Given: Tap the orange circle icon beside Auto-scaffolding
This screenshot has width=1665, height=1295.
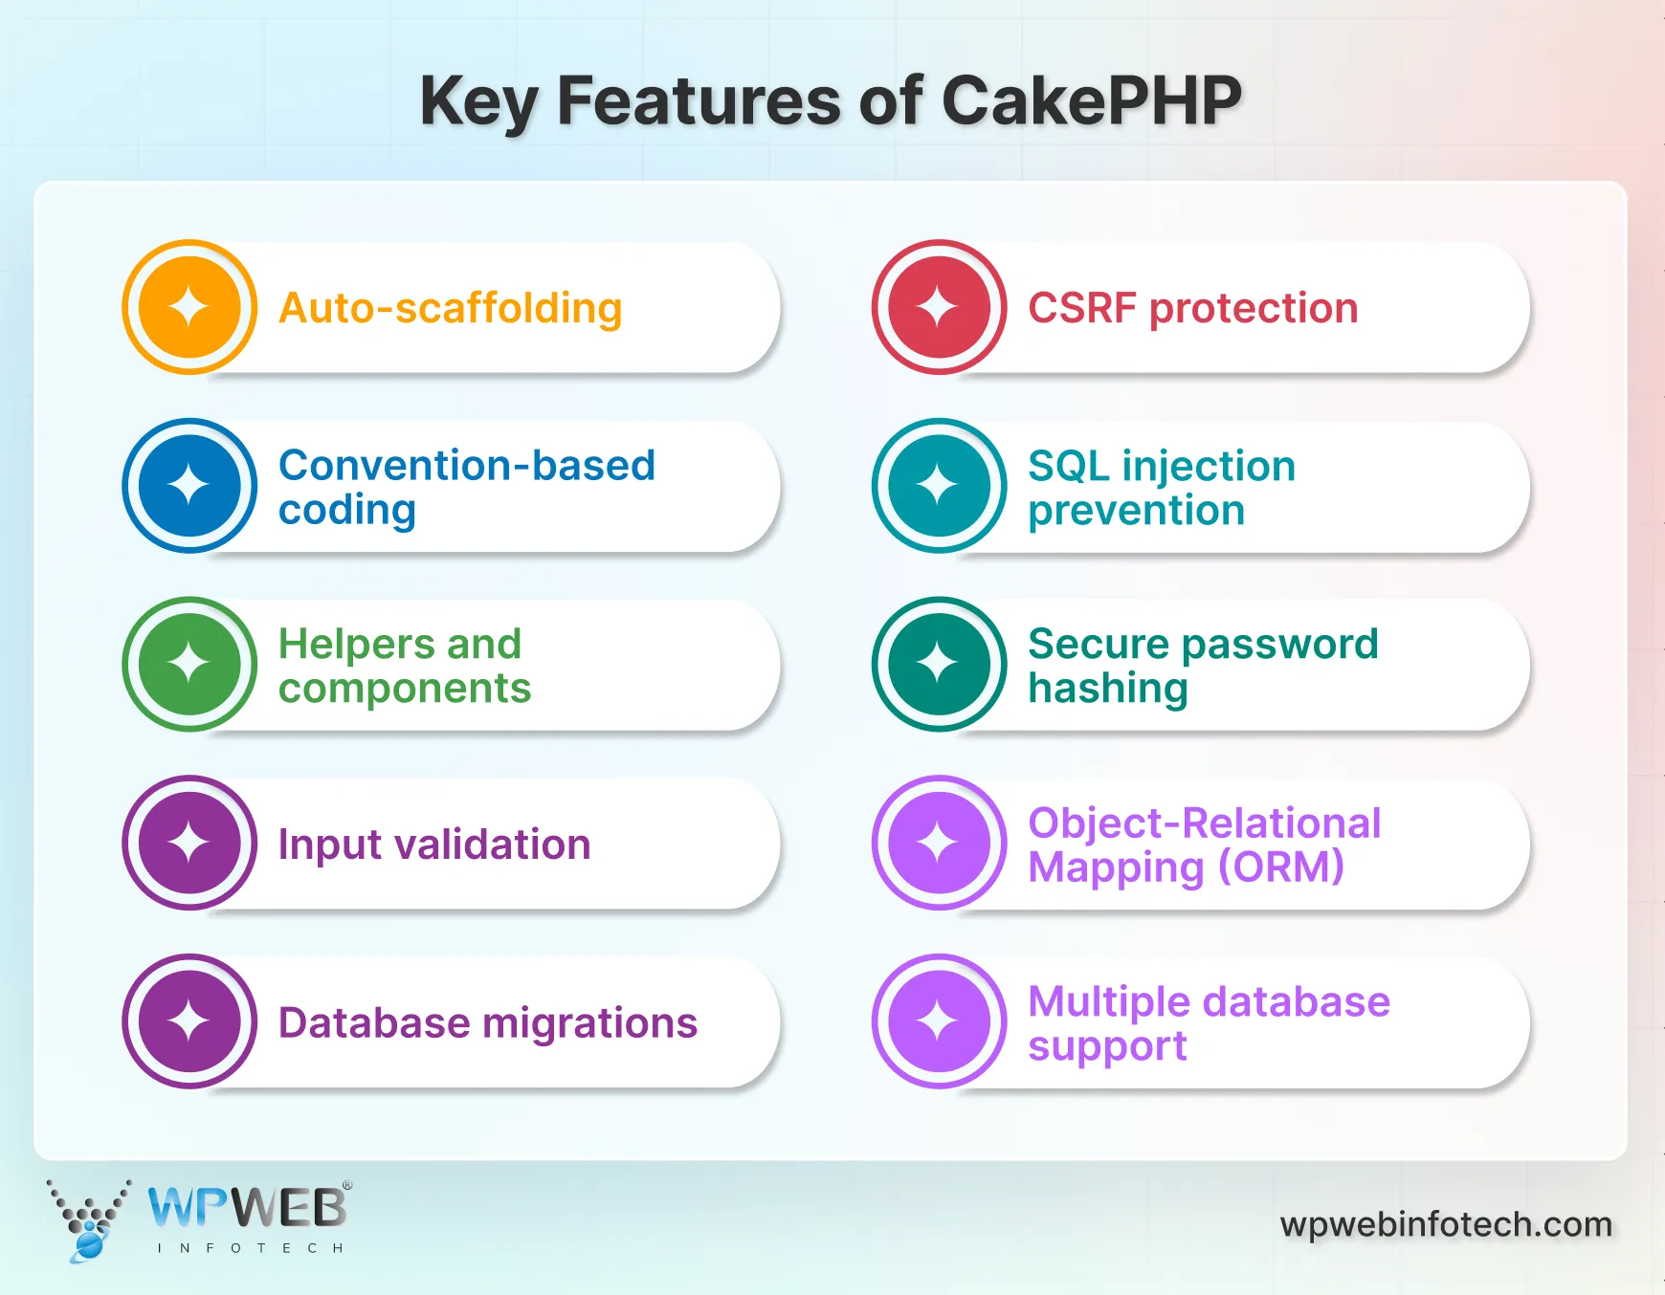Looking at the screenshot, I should click(189, 307).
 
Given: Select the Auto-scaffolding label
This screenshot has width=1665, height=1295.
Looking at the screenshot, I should click(450, 309).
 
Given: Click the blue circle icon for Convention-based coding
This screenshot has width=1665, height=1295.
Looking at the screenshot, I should click(189, 485).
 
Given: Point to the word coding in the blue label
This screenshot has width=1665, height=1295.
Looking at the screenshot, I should click(346, 511).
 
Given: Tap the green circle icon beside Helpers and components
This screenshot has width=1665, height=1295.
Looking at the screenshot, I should click(189, 664).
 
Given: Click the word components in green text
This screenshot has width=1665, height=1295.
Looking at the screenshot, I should click(404, 689).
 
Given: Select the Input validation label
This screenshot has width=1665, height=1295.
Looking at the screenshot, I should click(433, 845).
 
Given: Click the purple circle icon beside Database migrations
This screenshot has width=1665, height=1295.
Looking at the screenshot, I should click(189, 1021).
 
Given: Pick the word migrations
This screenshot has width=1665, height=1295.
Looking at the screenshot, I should click(589, 1023).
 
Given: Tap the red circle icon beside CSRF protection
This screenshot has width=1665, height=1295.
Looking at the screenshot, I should click(939, 307).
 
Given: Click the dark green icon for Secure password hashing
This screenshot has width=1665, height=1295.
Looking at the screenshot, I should click(939, 664).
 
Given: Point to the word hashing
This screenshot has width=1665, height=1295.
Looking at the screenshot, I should click(1107, 689).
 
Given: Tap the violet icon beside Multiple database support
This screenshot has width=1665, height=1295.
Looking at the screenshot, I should click(939, 1021).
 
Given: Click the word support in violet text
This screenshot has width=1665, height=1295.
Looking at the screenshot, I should click(1106, 1046).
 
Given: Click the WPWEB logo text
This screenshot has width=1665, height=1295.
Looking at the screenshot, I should click(247, 1208).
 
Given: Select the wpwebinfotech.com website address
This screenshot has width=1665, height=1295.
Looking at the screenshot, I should click(1445, 1224).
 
